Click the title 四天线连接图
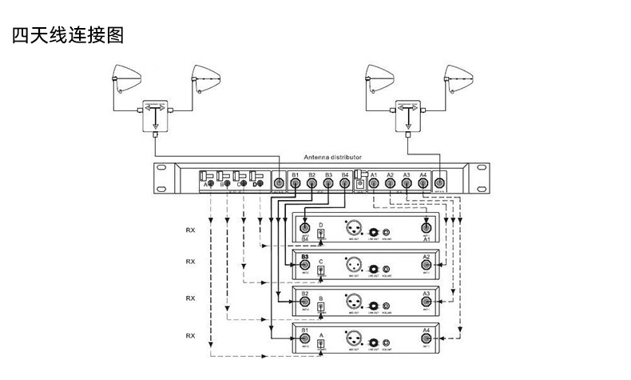(68, 36)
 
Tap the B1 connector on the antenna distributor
(296, 184)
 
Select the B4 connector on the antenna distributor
(344, 184)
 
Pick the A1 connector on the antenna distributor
(374, 184)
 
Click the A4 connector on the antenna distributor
(423, 184)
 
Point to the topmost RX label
(190, 230)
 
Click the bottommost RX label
(190, 334)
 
